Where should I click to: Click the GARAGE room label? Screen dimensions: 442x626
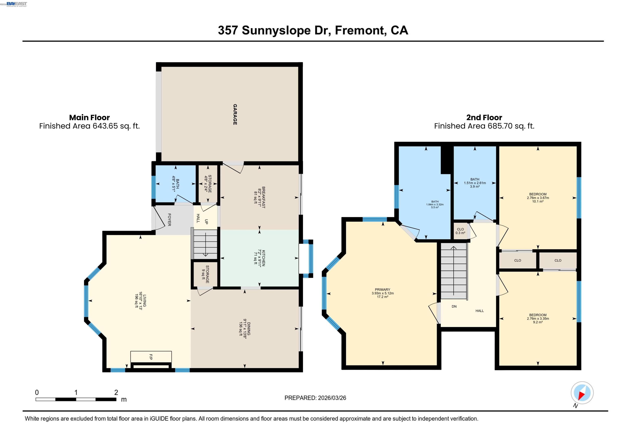tap(235, 114)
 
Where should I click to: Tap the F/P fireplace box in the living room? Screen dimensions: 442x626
tap(151, 357)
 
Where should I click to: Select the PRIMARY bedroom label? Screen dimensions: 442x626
tap(382, 290)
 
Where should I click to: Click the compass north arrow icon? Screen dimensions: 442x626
tap(582, 393)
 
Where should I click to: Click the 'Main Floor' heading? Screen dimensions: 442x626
tap(89, 118)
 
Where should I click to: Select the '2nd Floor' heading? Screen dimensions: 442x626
tap(484, 118)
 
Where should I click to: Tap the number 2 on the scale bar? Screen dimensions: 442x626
tap(116, 392)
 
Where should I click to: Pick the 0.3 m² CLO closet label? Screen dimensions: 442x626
tap(460, 231)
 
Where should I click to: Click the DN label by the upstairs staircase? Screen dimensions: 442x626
tap(454, 306)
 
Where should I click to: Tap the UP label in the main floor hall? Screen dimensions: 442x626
tap(206, 222)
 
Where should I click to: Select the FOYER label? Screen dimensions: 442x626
tap(169, 220)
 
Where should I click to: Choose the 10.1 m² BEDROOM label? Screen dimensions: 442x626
tap(538, 198)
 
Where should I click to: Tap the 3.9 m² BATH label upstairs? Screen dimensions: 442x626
tap(475, 183)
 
